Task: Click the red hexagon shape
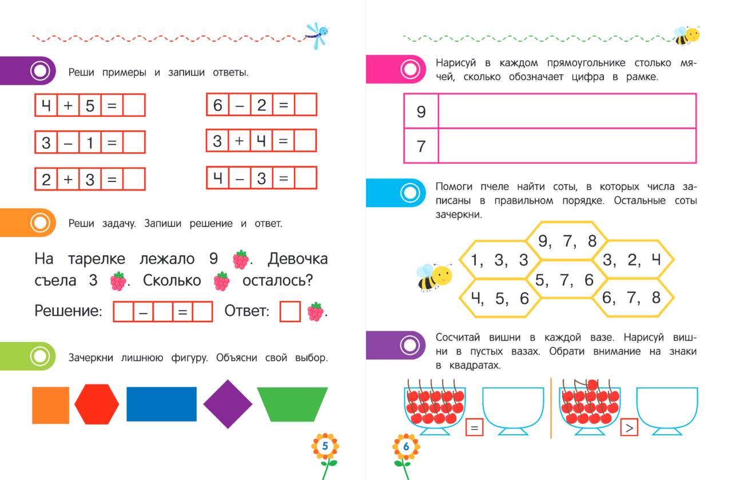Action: [x=97, y=404]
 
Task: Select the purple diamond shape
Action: [x=228, y=404]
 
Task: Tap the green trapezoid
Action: [x=292, y=404]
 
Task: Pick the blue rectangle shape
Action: [x=161, y=404]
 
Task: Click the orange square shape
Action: [x=51, y=406]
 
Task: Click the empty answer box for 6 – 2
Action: [x=305, y=105]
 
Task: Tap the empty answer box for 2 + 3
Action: [x=134, y=179]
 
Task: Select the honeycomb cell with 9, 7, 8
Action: [x=567, y=241]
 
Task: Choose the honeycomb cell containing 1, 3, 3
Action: [x=500, y=260]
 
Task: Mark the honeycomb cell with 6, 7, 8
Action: [x=633, y=297]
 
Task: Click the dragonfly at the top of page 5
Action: [x=317, y=35]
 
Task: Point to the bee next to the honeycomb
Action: [x=434, y=277]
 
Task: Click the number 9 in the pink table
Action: [x=421, y=112]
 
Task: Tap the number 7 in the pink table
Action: [x=421, y=146]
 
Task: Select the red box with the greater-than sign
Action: [x=629, y=427]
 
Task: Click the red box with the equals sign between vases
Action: [x=474, y=427]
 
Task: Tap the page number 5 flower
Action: [x=325, y=446]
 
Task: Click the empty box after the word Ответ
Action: [x=290, y=311]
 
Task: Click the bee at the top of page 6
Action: [x=687, y=35]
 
